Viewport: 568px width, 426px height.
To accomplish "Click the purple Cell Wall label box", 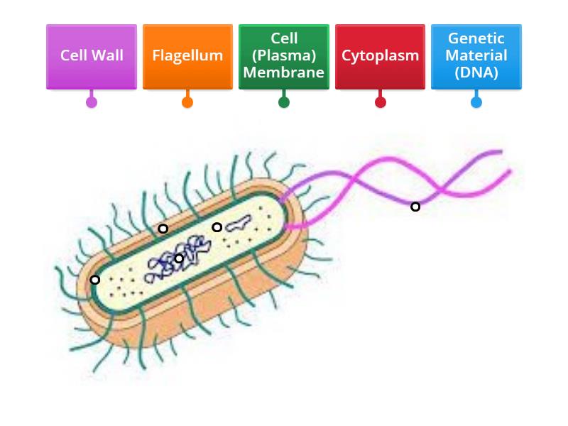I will (x=92, y=56).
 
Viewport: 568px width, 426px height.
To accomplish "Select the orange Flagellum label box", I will (x=187, y=56).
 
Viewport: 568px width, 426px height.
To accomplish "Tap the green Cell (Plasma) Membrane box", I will (x=284, y=56).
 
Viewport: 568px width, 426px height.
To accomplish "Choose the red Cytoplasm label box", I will (x=380, y=56).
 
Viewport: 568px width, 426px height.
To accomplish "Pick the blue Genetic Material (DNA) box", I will (x=476, y=56).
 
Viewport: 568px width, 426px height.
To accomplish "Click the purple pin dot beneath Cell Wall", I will (x=92, y=102).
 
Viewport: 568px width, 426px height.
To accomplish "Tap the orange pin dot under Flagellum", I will (x=187, y=102).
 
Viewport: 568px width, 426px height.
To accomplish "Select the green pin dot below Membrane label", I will (x=284, y=102).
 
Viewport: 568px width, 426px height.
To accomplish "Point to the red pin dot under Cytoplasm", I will (x=380, y=102).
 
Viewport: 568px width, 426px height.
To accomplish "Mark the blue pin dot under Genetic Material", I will (x=476, y=102).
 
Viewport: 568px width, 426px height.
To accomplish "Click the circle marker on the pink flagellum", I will (x=415, y=207).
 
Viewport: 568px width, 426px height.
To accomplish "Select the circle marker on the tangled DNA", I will (x=179, y=258).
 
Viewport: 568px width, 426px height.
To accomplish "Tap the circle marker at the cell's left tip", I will (x=95, y=280).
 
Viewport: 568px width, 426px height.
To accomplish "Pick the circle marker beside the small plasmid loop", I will (x=217, y=227).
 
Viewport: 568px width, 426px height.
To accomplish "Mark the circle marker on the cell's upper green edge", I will (x=163, y=229).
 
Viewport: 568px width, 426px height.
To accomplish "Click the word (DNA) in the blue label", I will (x=476, y=72).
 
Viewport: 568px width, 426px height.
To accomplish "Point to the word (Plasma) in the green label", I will (x=284, y=55).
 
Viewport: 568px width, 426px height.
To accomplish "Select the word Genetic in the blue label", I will (x=476, y=39).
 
